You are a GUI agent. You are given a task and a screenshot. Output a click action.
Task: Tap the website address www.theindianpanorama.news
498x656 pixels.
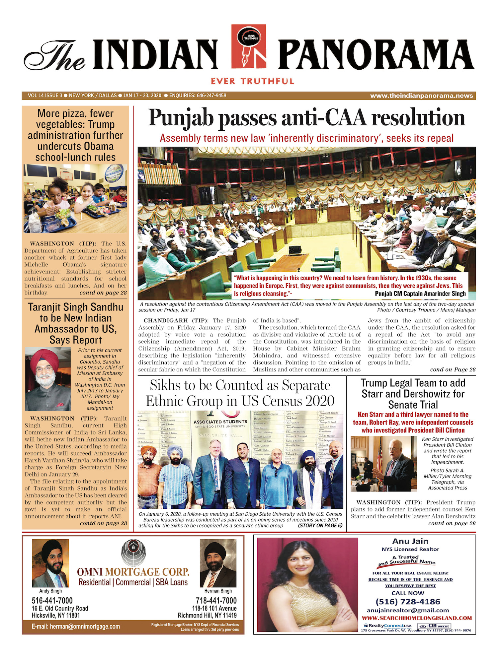coord(421,96)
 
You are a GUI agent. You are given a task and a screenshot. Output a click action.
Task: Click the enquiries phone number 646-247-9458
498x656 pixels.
coord(211,96)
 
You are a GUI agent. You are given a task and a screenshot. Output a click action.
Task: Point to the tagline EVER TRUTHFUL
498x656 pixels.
coord(252,81)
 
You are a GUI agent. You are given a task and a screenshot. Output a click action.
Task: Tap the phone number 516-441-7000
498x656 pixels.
coord(52,601)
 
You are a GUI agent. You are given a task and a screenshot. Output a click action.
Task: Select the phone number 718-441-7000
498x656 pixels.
coord(216,601)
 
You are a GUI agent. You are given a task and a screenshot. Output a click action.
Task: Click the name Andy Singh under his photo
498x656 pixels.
coord(50,591)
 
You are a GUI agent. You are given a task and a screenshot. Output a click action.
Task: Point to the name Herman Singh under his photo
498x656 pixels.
coord(218,591)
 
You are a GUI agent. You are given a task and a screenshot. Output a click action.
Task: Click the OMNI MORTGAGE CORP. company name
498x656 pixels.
coord(133,572)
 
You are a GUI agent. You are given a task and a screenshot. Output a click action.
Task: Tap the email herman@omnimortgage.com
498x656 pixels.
coord(76,626)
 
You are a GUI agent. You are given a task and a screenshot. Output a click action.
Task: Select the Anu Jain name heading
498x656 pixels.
coord(410,541)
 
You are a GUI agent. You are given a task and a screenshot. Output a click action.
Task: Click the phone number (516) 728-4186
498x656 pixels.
coord(408,602)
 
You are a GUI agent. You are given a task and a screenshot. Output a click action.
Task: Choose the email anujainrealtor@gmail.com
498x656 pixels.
coord(408,610)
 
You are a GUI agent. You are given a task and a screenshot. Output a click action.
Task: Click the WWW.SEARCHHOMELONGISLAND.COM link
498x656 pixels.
coord(417,618)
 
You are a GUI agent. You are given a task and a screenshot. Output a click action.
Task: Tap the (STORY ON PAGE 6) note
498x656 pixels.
coord(320,526)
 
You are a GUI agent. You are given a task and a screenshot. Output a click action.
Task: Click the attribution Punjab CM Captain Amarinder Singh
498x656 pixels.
coord(420,294)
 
